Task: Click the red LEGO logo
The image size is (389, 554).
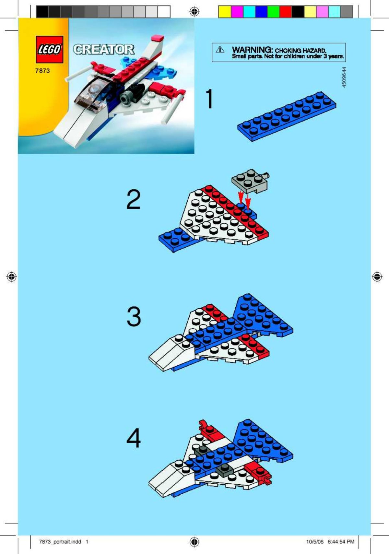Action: tap(49, 50)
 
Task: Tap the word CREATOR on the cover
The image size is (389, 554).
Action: tap(103, 49)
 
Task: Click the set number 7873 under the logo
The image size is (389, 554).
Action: tap(42, 71)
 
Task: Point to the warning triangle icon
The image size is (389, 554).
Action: tap(220, 50)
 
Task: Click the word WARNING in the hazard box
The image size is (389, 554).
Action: tap(252, 50)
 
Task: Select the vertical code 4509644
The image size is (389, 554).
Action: tap(344, 77)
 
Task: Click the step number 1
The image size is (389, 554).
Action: tap(210, 99)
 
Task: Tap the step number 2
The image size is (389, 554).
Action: tap(133, 199)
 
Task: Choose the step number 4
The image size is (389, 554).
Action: tap(134, 438)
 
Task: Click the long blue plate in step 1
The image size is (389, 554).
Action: tap(287, 116)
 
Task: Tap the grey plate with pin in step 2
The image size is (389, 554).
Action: tap(249, 181)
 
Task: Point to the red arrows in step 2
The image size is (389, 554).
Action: tap(244, 198)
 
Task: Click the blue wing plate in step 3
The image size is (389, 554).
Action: tap(263, 316)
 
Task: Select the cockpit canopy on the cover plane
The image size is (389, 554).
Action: tap(92, 92)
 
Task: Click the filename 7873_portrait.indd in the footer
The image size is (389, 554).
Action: tap(60, 541)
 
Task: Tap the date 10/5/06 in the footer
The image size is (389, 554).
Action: tap(315, 541)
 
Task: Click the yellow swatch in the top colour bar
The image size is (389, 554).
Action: tap(225, 12)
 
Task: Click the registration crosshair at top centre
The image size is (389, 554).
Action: tap(194, 12)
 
